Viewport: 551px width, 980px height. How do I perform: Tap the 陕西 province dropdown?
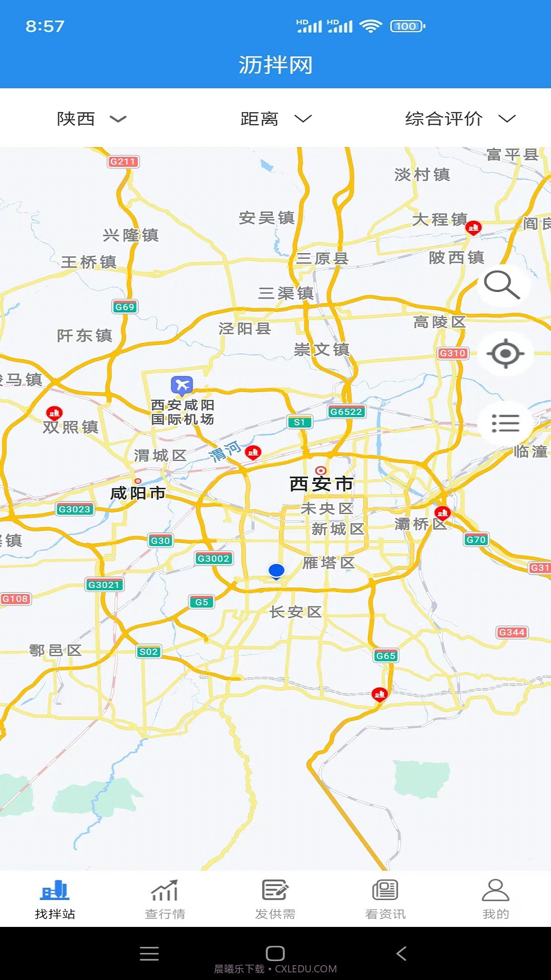click(91, 119)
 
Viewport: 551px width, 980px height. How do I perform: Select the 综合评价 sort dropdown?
click(459, 119)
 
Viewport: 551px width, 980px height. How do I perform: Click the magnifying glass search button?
click(503, 285)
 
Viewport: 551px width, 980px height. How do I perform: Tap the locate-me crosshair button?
click(505, 353)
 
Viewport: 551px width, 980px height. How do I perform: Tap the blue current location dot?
click(276, 570)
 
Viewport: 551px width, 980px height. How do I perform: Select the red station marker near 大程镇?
click(473, 227)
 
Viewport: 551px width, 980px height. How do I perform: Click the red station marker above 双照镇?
click(55, 412)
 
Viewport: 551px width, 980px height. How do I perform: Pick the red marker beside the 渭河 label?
click(253, 452)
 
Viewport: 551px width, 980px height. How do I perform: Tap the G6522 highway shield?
click(346, 411)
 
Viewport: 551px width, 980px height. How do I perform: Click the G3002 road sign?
click(213, 558)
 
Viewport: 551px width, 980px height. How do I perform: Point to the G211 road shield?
click(123, 162)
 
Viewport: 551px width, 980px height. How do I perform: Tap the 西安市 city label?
click(321, 483)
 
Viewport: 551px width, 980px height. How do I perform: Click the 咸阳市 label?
click(138, 493)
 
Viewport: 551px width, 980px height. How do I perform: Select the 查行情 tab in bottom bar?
click(165, 899)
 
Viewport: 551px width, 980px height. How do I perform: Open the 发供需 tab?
click(275, 899)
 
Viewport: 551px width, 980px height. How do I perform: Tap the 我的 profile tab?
click(495, 899)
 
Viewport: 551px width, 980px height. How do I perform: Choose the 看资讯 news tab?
click(385, 899)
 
